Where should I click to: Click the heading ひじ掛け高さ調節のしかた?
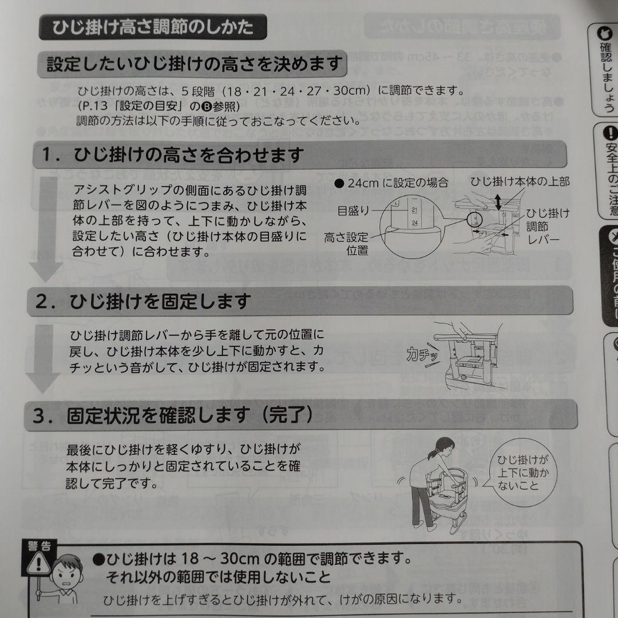(153, 27)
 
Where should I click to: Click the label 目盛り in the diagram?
(353, 211)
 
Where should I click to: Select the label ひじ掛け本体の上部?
(520, 182)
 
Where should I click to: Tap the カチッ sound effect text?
(423, 355)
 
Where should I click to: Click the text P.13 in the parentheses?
(93, 106)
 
